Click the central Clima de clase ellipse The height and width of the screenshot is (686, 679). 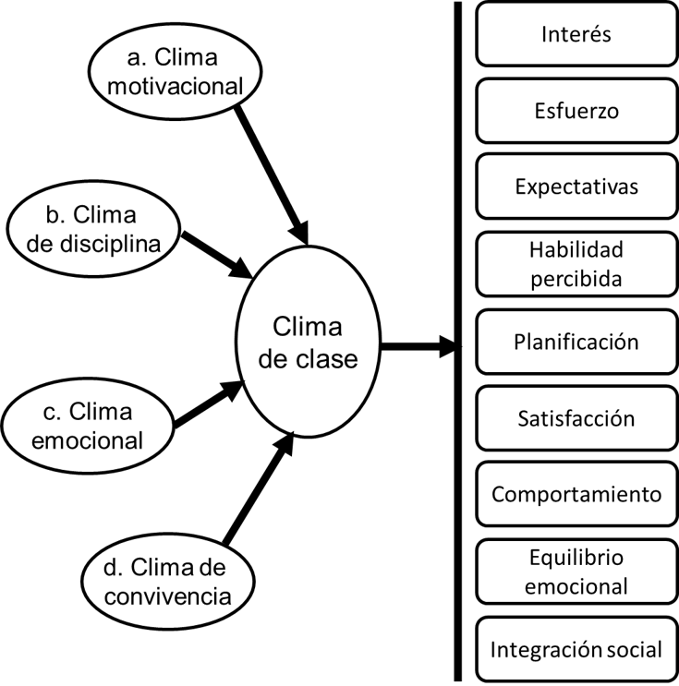[307, 343]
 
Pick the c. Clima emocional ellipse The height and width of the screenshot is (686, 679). [88, 426]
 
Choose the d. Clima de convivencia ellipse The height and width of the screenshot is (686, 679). [166, 581]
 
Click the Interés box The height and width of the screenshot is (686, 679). [576, 35]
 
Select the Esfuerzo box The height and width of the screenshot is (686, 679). [576, 112]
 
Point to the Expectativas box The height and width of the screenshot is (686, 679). [576, 187]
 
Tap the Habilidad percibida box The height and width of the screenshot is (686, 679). [576, 264]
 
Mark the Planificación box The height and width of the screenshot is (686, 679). [576, 341]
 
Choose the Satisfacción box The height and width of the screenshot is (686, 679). [576, 417]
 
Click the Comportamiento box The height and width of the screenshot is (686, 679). [576, 494]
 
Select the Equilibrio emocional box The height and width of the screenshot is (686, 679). [576, 572]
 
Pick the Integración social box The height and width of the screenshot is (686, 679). [576, 648]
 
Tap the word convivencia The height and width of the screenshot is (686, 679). [167, 596]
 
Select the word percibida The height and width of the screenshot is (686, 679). [577, 279]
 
